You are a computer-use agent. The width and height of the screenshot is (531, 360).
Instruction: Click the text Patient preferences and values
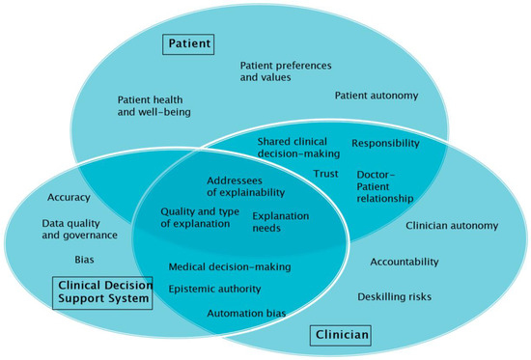coord(286,73)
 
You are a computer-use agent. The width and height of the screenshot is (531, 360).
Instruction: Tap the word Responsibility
coord(385,143)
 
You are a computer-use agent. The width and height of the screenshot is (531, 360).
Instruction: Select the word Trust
coord(325,174)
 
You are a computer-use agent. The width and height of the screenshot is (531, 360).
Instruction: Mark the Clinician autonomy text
coord(452,226)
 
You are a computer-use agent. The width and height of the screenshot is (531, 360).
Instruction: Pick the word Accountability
coord(404,262)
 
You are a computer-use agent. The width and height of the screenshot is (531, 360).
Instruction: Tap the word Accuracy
coord(69,198)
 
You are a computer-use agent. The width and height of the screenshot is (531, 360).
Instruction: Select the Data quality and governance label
coord(79,229)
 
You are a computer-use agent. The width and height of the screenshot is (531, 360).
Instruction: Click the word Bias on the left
coord(84,260)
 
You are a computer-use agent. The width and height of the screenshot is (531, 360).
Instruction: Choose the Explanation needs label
coord(280,223)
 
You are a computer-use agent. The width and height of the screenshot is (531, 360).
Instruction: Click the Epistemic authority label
coord(214,289)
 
